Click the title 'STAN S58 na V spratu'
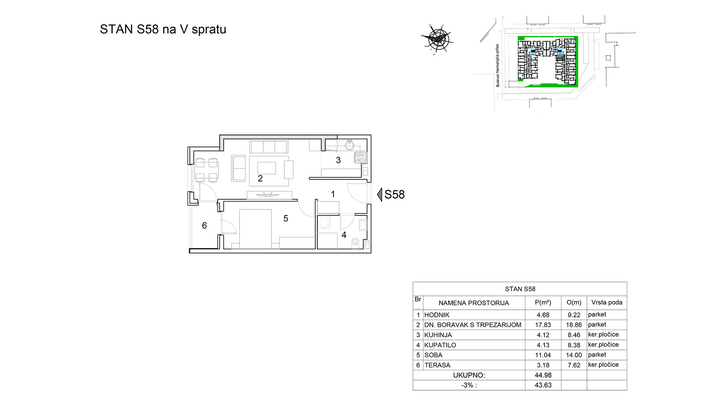point(163,29)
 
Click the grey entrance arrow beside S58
point(379,194)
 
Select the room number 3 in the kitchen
point(338,161)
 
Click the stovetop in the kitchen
point(360,157)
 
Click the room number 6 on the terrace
point(204,226)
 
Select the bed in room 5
point(255,229)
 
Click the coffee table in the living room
point(267,168)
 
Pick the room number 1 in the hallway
point(333,194)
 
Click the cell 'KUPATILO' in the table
point(440,345)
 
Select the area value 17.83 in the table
point(543,325)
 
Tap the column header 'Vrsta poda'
point(607,302)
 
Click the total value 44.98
point(543,375)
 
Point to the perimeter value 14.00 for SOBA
point(574,355)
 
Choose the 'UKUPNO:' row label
point(469,375)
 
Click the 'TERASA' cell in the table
point(437,365)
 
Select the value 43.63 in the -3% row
point(543,385)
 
